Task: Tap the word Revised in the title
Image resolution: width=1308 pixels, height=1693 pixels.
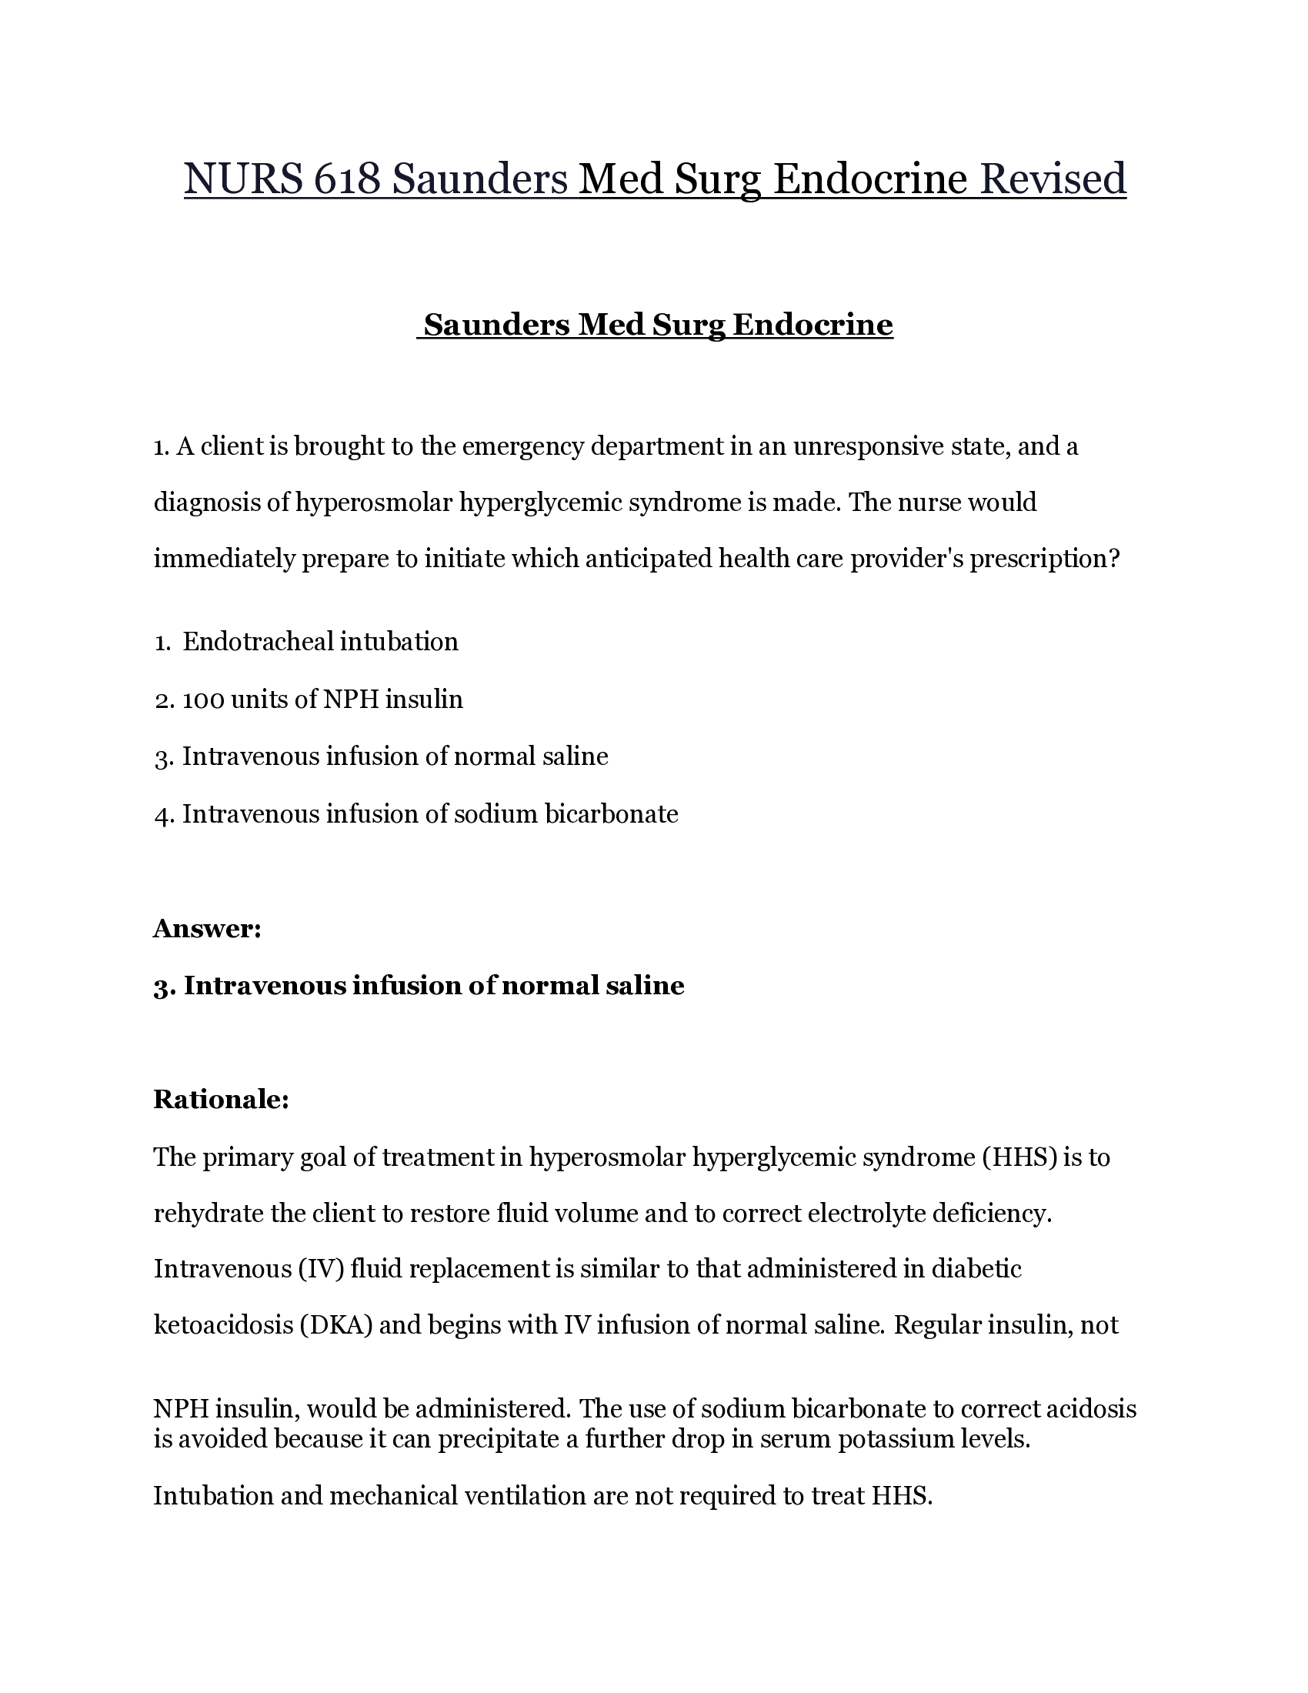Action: pyautogui.click(x=1053, y=179)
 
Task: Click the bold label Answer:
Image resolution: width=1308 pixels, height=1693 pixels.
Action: pyautogui.click(x=207, y=928)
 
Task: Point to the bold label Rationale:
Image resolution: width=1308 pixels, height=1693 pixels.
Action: pyautogui.click(x=221, y=1099)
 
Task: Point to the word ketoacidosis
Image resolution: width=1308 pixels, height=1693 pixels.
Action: pyautogui.click(x=220, y=1325)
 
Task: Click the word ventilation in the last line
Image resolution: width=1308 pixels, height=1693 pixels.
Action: pyautogui.click(x=525, y=1495)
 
